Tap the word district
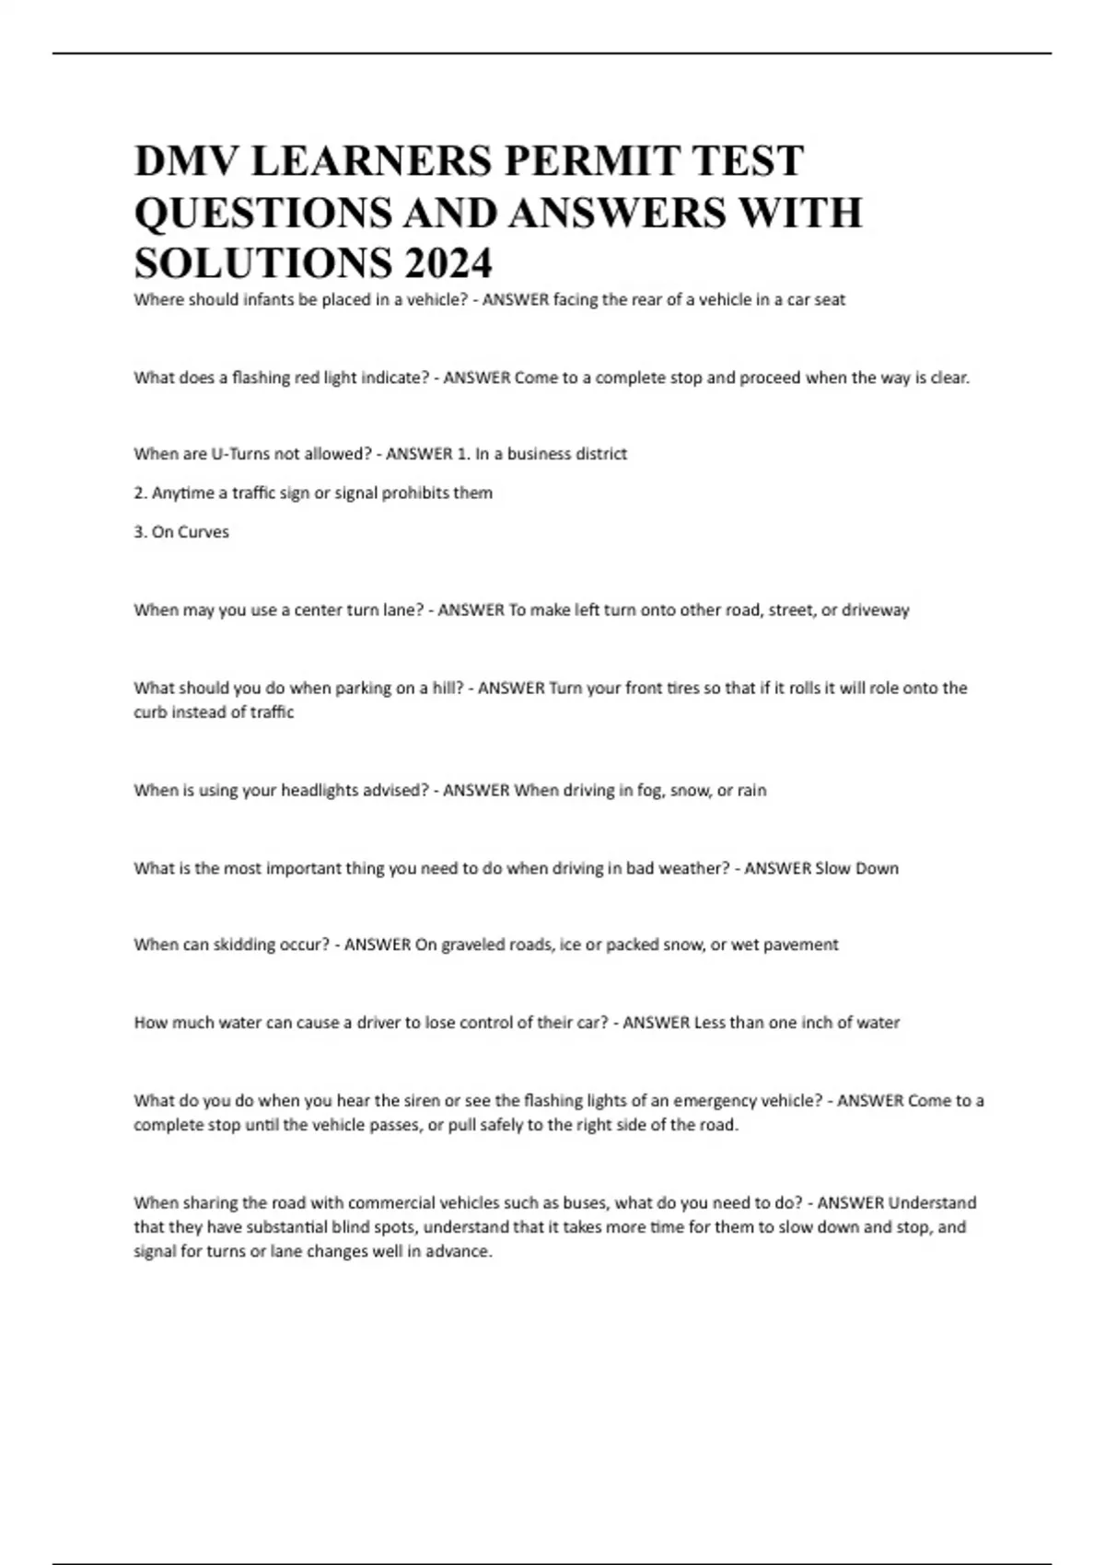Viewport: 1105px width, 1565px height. coord(600,454)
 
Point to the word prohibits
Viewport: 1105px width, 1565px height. coord(415,493)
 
